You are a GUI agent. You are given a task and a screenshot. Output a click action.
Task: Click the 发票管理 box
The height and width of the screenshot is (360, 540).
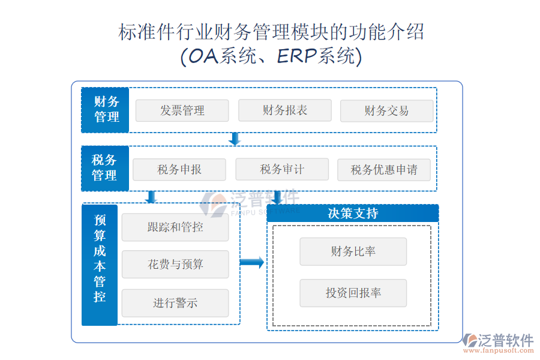[182, 110]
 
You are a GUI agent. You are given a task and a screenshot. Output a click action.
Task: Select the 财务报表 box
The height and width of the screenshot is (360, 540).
[284, 110]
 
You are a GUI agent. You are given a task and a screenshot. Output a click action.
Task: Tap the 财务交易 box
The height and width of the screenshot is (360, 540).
[386, 111]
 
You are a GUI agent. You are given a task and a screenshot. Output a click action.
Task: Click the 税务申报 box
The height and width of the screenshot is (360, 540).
[179, 170]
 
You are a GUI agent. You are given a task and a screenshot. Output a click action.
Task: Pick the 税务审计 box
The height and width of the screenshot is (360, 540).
[282, 169]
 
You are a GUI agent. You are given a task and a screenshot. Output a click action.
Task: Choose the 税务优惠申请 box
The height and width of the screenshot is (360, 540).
[384, 170]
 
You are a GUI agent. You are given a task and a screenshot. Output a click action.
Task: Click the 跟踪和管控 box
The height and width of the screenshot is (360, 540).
[175, 227]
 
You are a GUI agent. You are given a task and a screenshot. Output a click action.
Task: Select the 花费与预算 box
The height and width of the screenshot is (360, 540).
[175, 265]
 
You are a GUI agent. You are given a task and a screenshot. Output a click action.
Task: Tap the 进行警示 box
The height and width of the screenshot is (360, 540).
[175, 303]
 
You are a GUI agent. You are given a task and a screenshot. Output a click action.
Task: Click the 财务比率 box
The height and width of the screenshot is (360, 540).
[353, 251]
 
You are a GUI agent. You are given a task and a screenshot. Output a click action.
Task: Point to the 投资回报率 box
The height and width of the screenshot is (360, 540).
[353, 293]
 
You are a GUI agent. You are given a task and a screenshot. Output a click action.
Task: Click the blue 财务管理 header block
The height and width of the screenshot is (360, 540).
[105, 110]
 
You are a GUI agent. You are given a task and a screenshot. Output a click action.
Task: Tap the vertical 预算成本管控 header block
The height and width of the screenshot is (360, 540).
[100, 265]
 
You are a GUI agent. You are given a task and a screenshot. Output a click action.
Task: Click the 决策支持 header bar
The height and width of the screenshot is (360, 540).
[353, 213]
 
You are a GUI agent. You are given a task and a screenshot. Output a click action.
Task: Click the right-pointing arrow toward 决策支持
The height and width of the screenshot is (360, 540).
[252, 262]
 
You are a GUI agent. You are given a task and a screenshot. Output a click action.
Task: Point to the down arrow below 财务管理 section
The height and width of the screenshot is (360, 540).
[235, 139]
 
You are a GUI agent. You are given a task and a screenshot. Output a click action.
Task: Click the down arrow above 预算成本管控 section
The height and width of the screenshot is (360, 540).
[151, 197]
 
